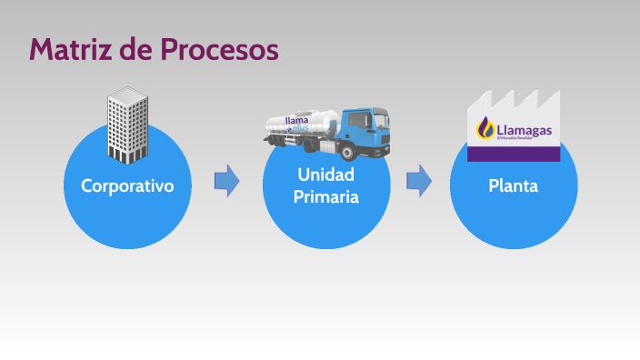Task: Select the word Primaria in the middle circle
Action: tap(326, 196)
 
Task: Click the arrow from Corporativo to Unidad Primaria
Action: tap(226, 181)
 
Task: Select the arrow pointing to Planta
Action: tap(418, 181)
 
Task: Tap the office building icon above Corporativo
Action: tap(128, 122)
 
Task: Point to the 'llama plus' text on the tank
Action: tap(298, 125)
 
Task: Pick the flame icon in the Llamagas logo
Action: tap(485, 129)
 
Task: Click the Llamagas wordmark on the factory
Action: tap(525, 129)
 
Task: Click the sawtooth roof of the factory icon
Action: tap(514, 100)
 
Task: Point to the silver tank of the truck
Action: tap(300, 127)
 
